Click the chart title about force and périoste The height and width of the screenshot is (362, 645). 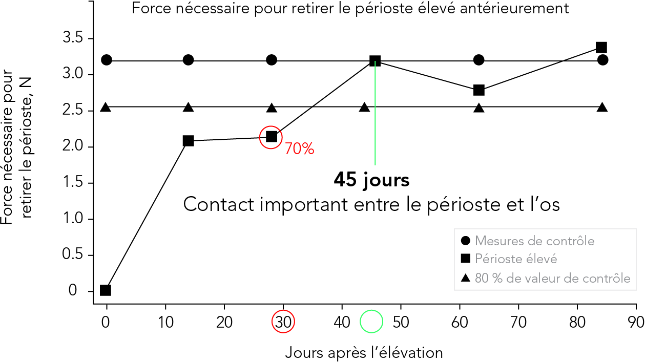pos(350,9)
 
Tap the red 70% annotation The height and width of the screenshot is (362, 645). pos(300,149)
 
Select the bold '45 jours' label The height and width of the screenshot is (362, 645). pos(371,180)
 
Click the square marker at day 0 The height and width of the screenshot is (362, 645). pos(106,290)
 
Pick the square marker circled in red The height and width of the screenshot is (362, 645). pos(272,137)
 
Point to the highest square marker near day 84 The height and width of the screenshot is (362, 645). pos(601,48)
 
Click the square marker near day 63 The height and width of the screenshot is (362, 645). pos(478,90)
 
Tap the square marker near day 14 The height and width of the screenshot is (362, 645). pos(189,141)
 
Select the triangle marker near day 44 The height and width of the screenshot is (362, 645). pos(365,108)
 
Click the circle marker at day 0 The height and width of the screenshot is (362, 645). pos(107,60)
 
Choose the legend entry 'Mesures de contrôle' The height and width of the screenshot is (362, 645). pos(528,241)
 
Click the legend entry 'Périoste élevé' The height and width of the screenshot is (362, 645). pos(509,259)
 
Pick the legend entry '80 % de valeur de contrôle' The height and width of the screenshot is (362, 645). pos(546,278)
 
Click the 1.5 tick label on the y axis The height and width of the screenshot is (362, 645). pos(73,183)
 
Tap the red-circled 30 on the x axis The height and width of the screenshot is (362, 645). pos(283,322)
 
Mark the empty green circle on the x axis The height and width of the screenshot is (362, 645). pos(371,322)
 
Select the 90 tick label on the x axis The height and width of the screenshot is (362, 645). pos(636,322)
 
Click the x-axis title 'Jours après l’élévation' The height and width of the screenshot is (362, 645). pos(364,353)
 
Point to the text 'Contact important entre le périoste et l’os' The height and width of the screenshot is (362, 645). pos(371,205)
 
